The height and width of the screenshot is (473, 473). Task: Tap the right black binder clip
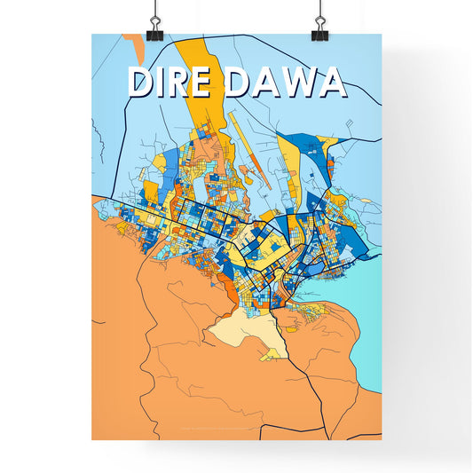pyautogui.click(x=319, y=28)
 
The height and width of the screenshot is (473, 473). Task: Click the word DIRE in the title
pyautogui.click(x=173, y=82)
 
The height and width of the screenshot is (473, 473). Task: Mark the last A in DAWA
pyautogui.click(x=330, y=82)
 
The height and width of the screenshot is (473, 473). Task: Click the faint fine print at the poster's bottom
pyautogui.click(x=236, y=434)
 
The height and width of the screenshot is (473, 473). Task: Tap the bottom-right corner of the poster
pyautogui.click(x=381, y=439)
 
